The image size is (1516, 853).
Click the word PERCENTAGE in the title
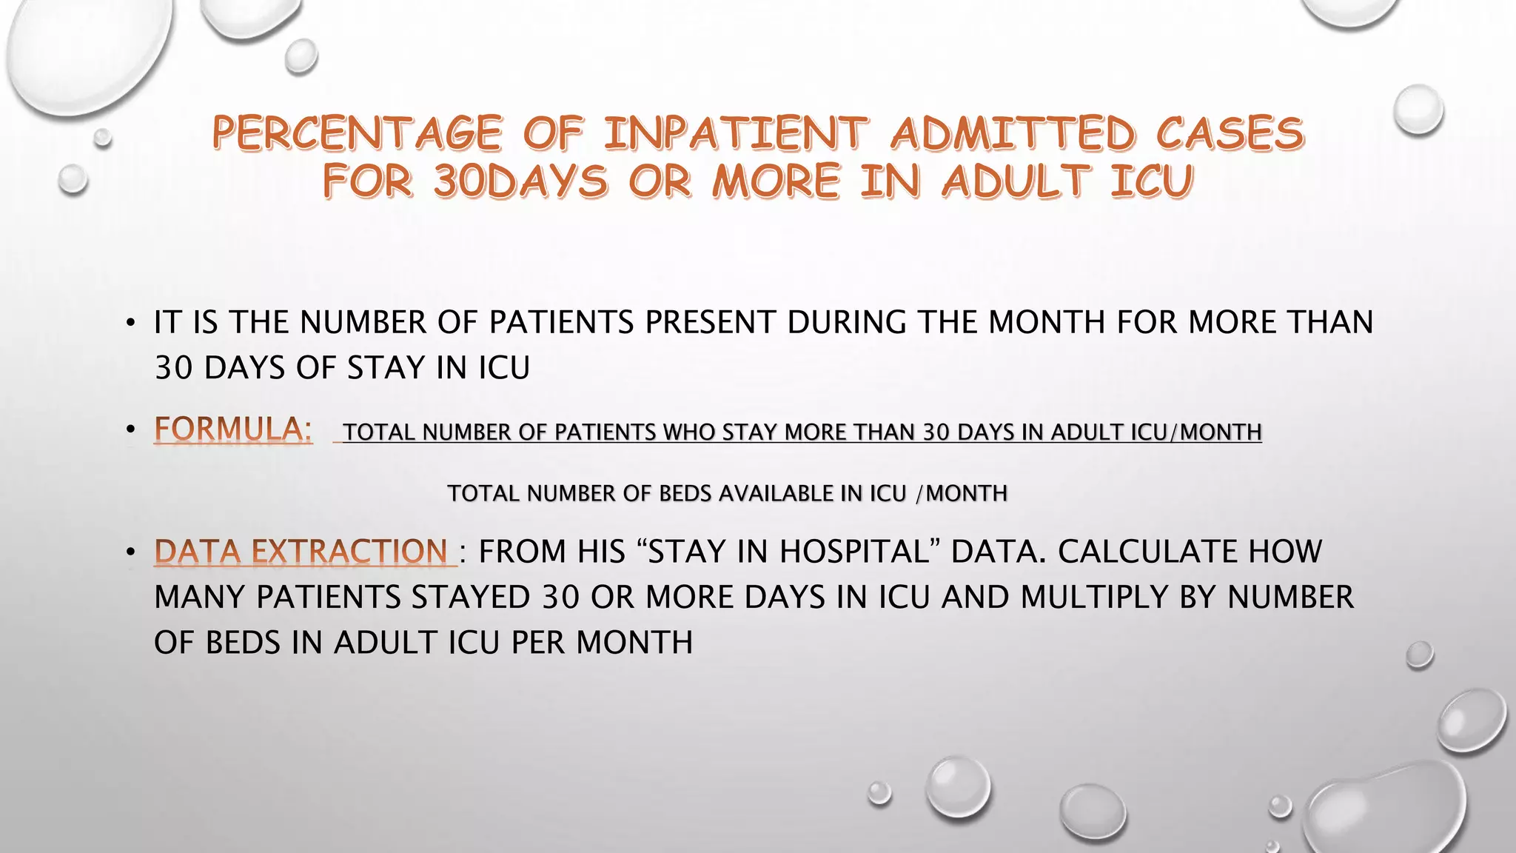(x=357, y=134)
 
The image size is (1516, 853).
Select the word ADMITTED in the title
(x=1012, y=134)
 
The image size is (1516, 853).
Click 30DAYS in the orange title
(x=520, y=181)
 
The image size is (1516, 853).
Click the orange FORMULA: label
(x=232, y=429)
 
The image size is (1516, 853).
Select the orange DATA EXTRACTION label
(x=301, y=552)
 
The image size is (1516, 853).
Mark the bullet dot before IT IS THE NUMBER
(x=130, y=323)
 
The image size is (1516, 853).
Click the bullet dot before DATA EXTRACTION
(x=130, y=552)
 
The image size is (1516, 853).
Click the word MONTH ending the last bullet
(x=634, y=643)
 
